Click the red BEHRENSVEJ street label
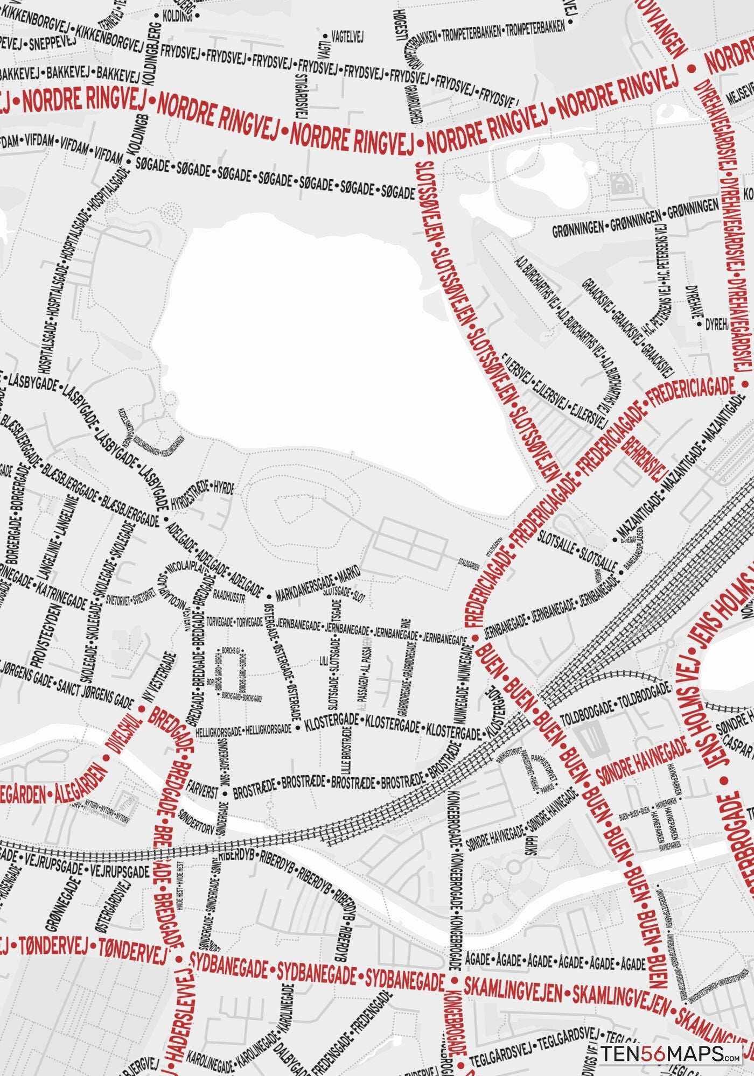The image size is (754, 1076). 644,457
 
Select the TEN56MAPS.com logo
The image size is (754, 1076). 671,1054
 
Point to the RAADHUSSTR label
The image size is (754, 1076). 229,597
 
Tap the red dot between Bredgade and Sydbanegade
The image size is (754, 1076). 179,959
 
